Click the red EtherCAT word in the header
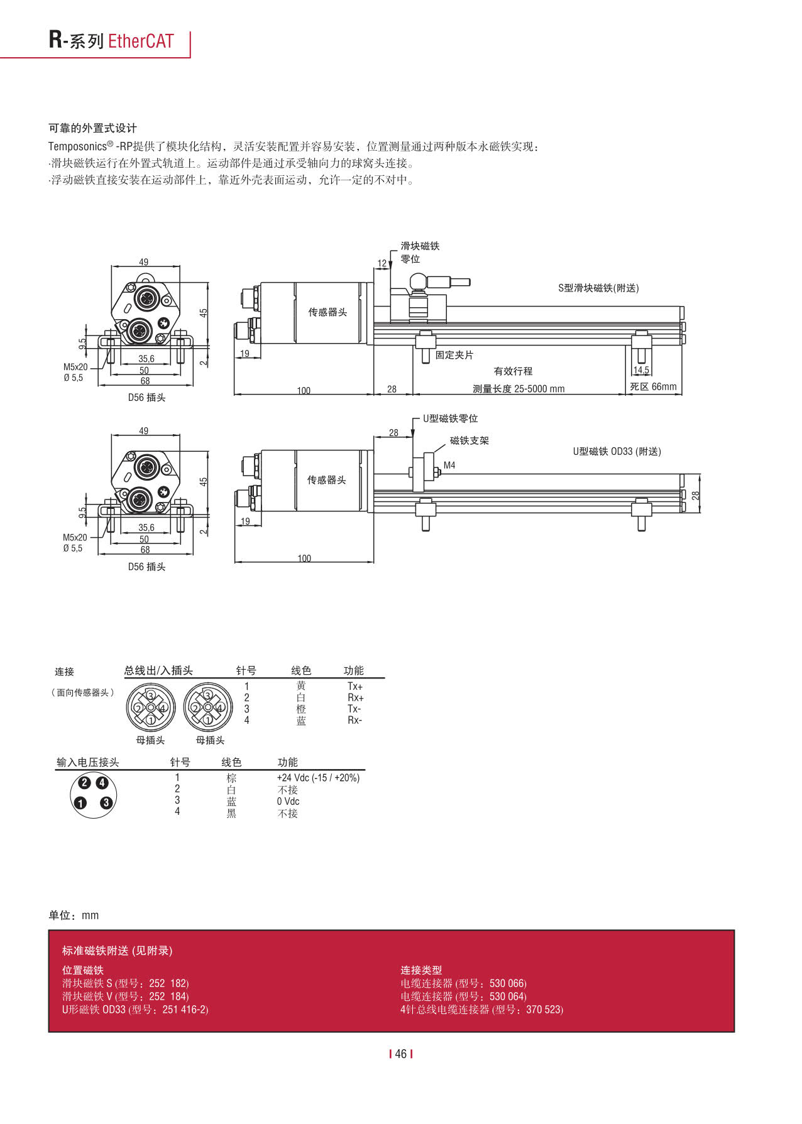pos(140,41)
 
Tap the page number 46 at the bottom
pos(401,1054)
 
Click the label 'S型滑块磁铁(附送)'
pos(598,288)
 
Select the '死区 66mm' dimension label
pos(653,386)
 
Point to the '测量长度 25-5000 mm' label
pos(519,388)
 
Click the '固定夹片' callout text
pos(454,355)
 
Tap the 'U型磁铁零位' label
pos(450,418)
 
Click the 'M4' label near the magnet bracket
pos(449,465)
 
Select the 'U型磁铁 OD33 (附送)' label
pos(617,451)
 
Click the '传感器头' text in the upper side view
pos(327,312)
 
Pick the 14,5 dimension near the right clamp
pos(641,370)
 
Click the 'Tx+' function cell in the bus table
pos(355,686)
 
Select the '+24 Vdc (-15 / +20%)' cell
pos(318,777)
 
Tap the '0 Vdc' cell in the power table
pos(288,801)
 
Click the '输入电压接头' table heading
pos(87,762)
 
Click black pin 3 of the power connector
pos(106,802)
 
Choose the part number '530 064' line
pos(463,996)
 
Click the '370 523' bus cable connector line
pos(481,1009)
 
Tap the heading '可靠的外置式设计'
pos(92,128)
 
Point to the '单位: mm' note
pos(74,915)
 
